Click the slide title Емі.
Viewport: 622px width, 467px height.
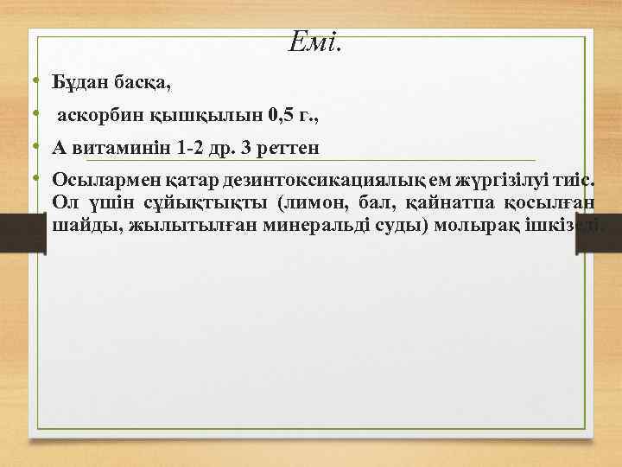[x=316, y=40]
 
